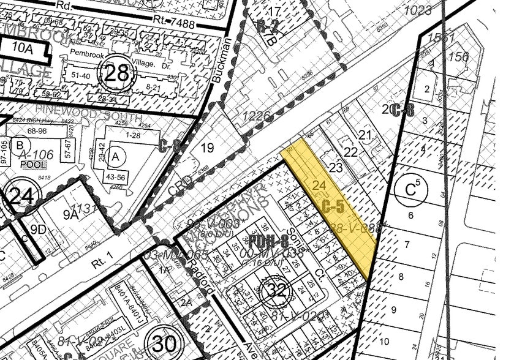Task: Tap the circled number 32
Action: coord(276,291)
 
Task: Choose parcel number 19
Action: coord(208,147)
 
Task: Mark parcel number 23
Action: coord(336,168)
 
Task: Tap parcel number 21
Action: coord(365,134)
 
